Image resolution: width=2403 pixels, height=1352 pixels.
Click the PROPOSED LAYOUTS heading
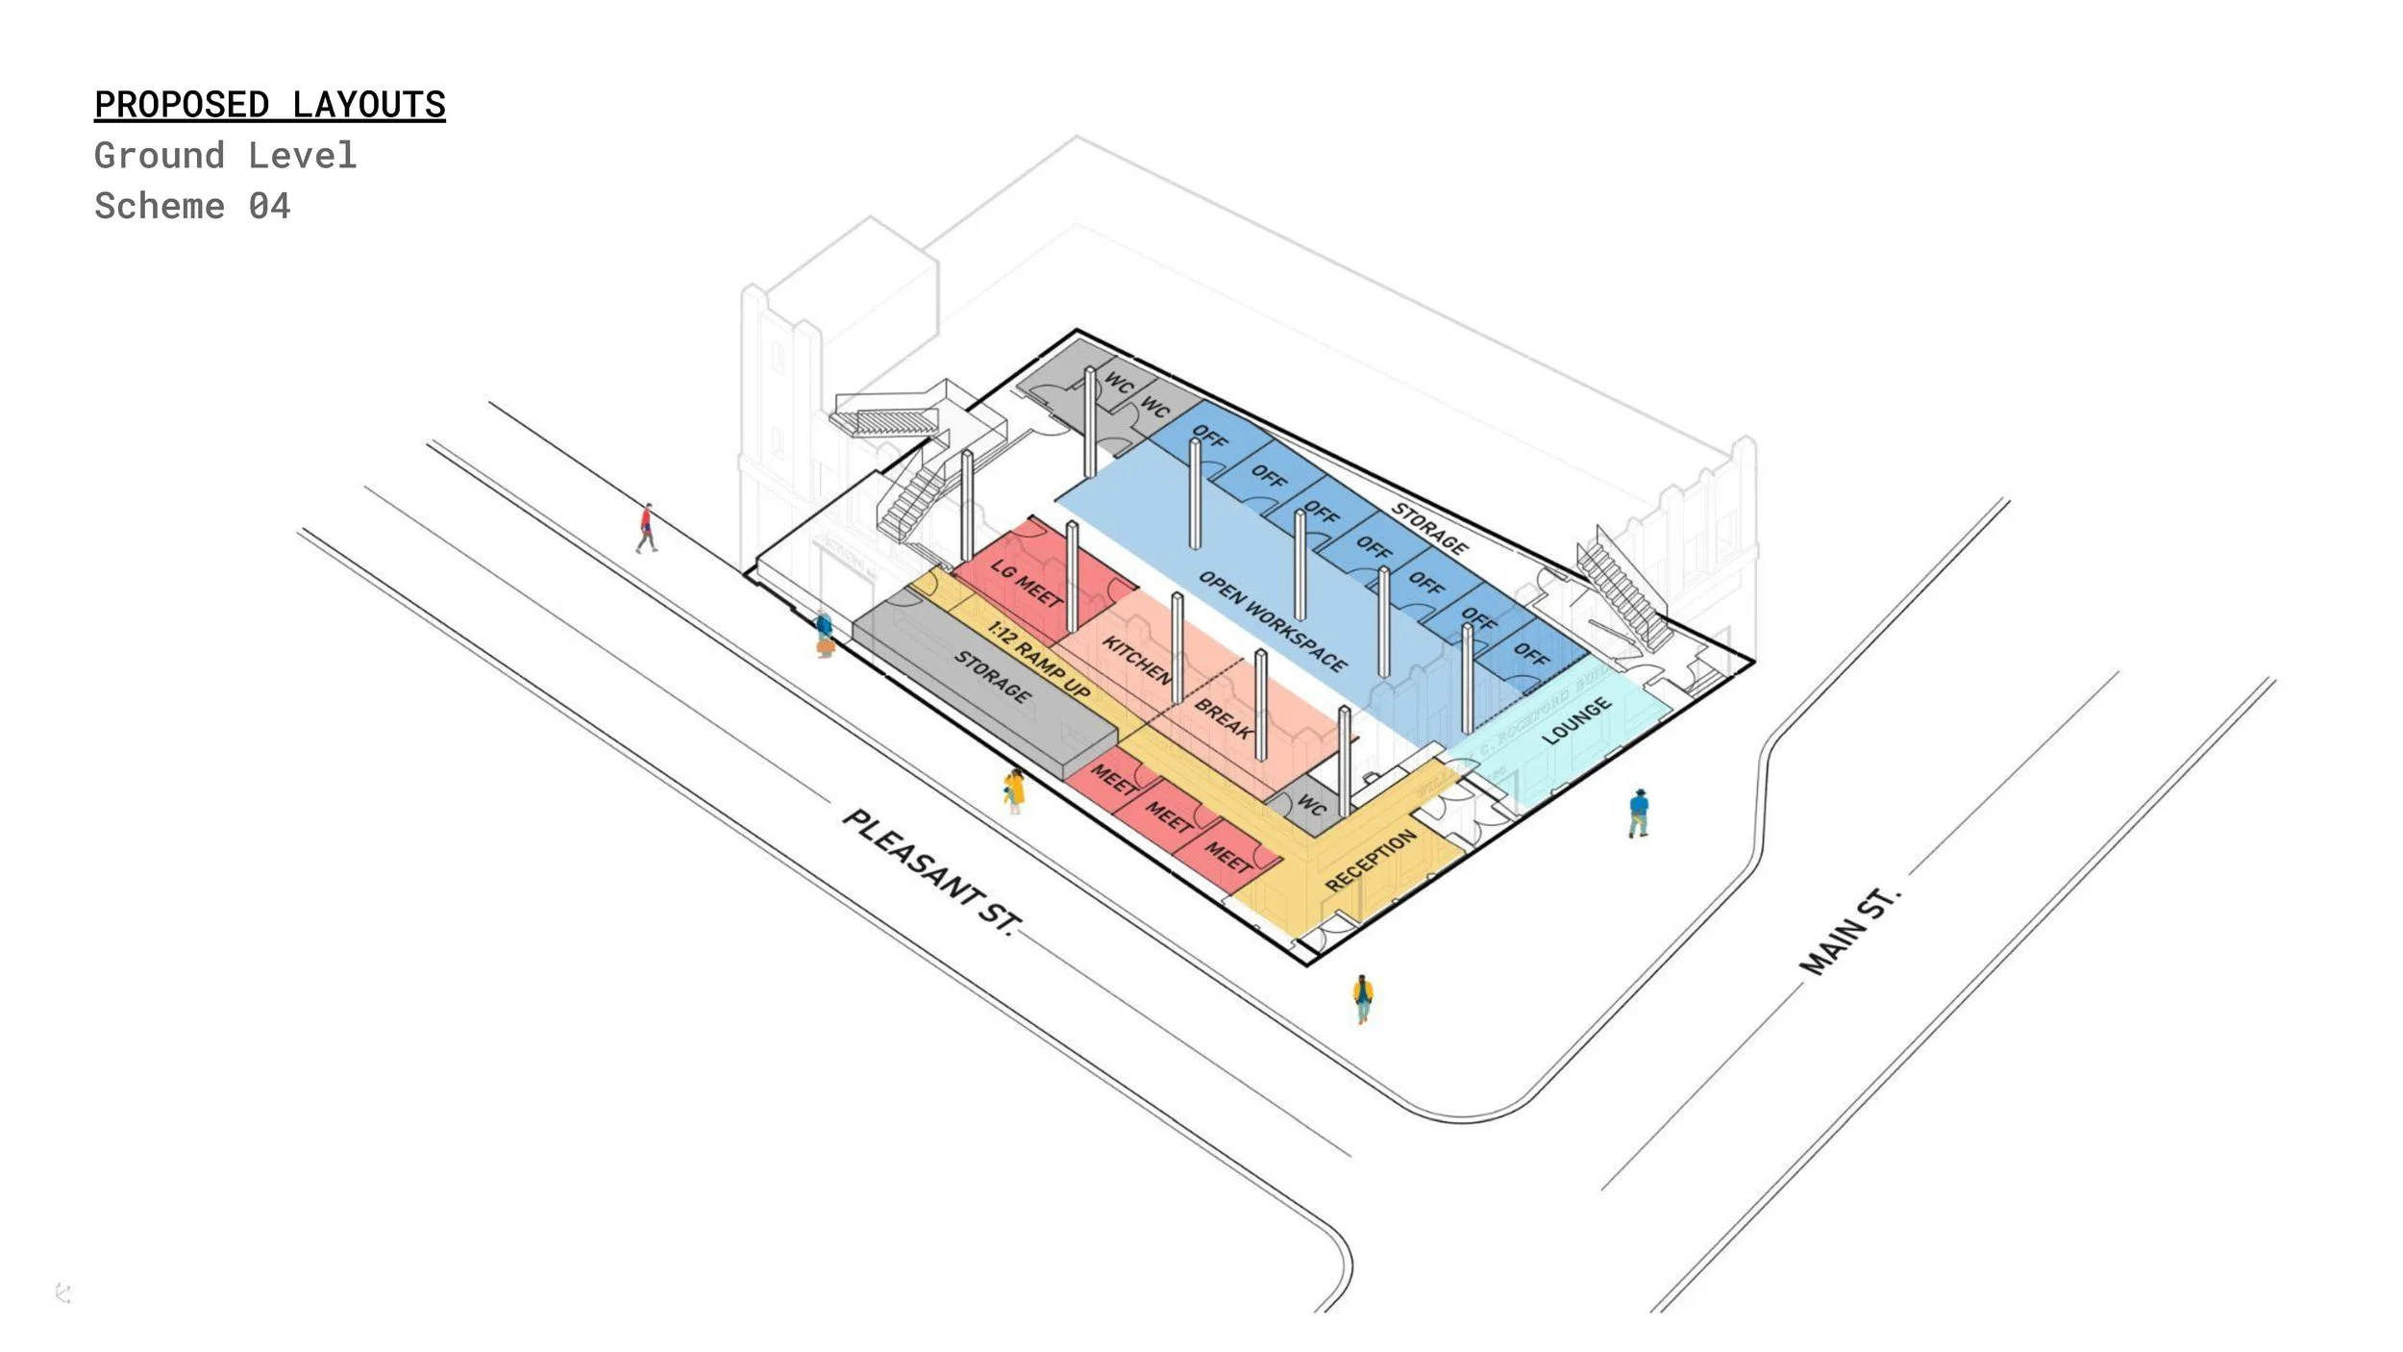270,105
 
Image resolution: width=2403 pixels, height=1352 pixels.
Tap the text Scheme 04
192,207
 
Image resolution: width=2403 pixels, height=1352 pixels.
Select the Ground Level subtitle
226,156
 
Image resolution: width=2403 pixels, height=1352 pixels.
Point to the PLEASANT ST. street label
929,871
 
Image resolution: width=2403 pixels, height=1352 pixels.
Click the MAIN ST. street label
1849,931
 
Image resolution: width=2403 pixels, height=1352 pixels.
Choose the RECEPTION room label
1370,860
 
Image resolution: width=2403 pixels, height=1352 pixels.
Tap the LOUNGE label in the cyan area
1576,721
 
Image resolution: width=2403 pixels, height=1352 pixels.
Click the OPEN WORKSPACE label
1273,621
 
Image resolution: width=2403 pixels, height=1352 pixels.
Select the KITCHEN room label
1137,660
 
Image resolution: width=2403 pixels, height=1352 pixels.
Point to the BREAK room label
1223,718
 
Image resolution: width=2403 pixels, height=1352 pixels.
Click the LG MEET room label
1027,583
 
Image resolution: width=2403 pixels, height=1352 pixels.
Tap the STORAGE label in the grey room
993,676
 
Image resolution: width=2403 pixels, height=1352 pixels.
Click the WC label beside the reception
1311,803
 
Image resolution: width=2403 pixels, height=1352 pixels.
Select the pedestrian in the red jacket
647,528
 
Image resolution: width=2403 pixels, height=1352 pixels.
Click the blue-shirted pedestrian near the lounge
1639,813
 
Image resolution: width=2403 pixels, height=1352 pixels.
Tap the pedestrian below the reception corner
1362,998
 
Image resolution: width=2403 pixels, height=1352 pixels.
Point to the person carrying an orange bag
824,636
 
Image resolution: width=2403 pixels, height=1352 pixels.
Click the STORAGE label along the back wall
1430,529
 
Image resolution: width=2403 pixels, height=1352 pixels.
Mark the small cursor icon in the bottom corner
63,1293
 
